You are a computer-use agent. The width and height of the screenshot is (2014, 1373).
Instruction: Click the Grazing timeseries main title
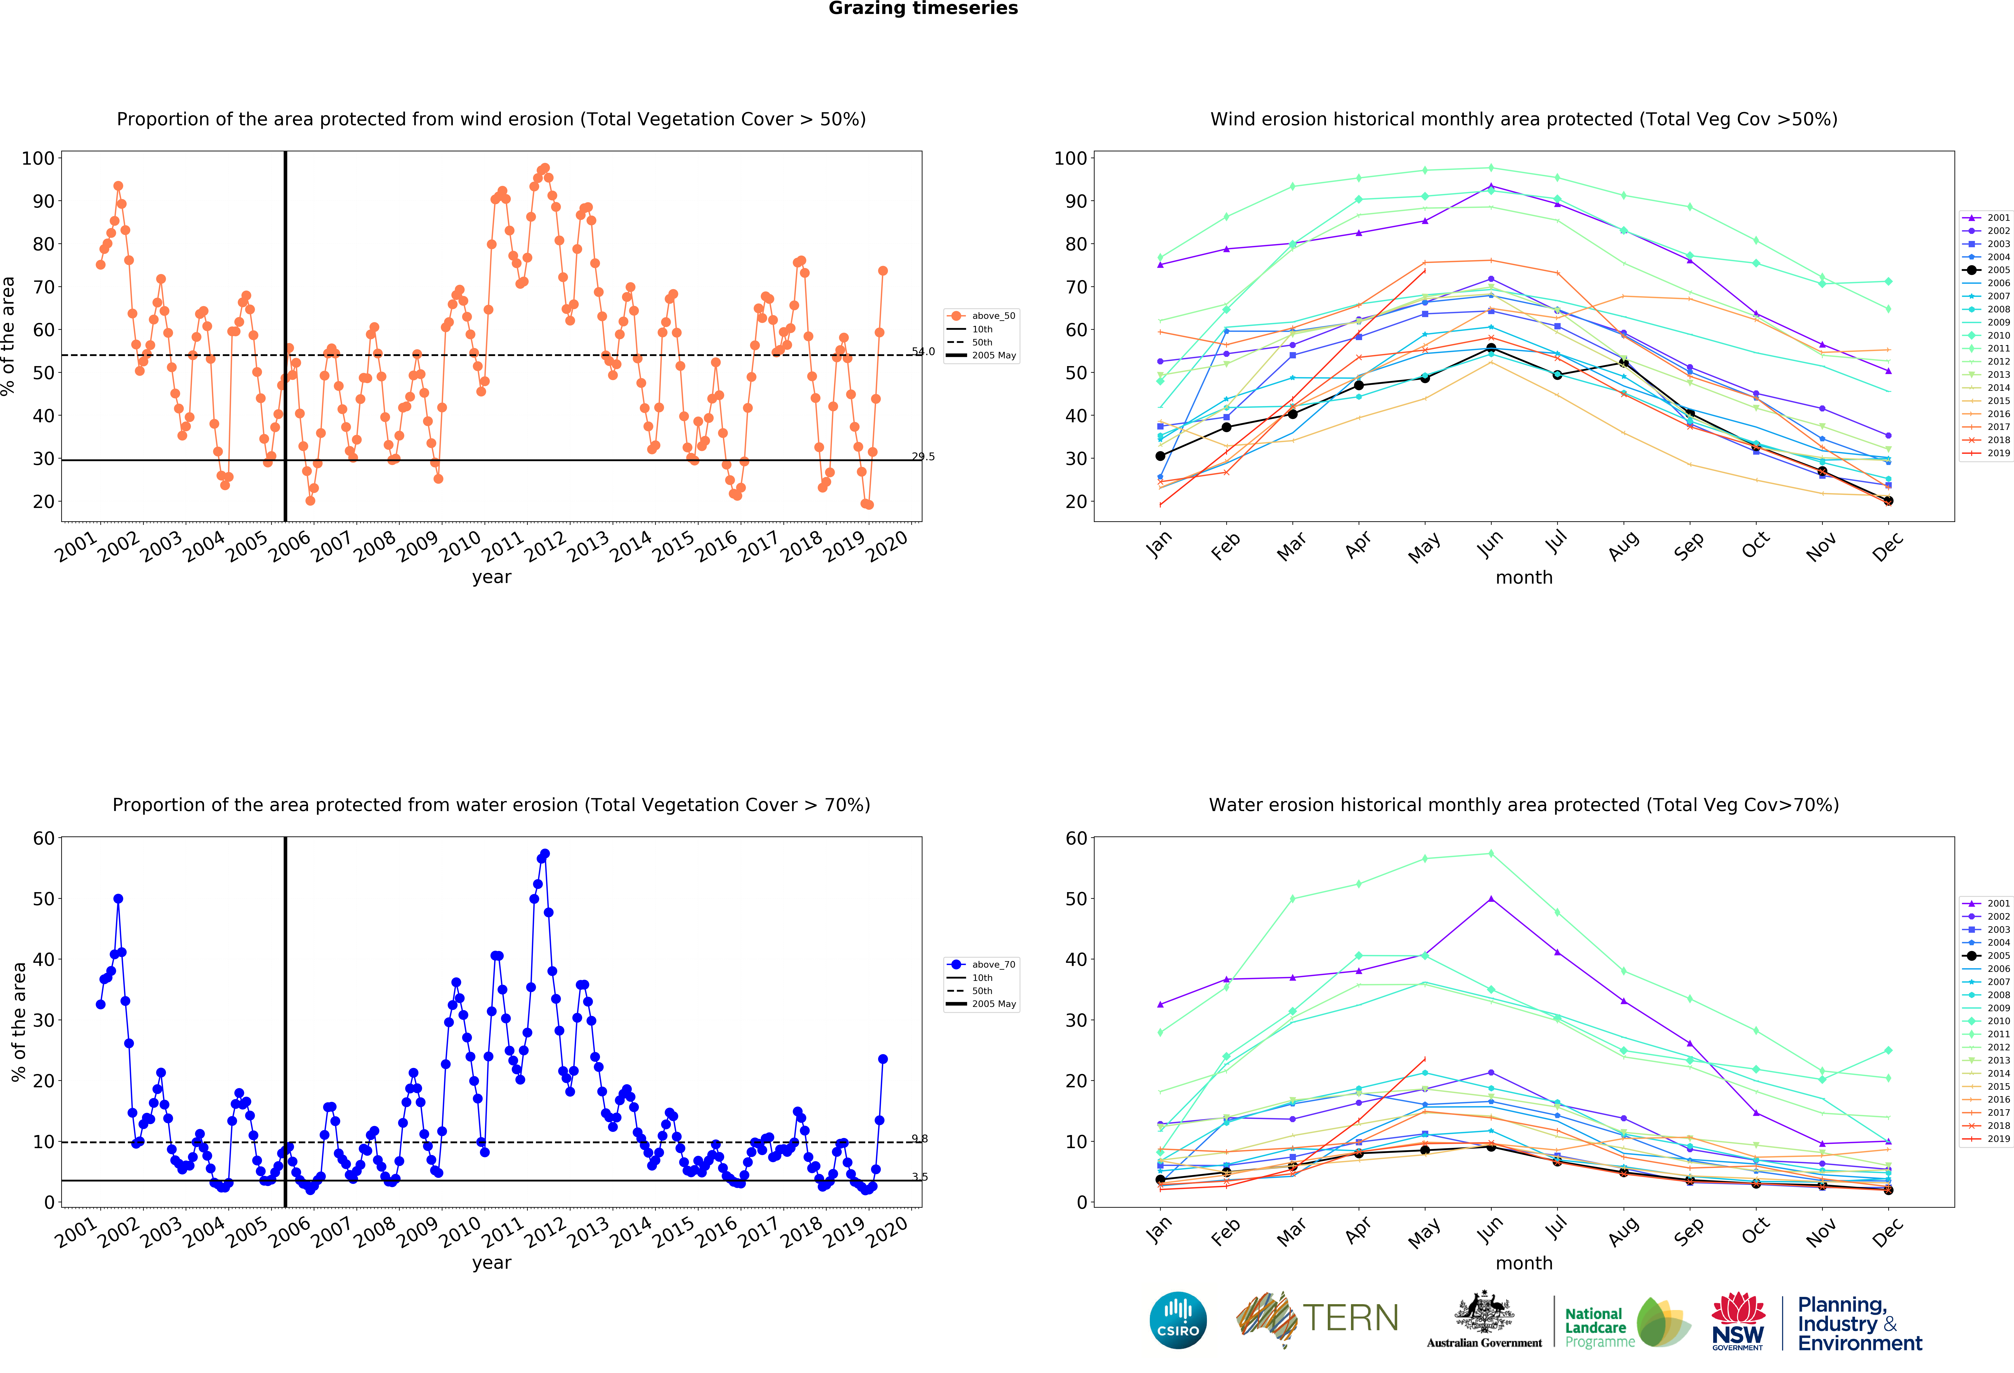923,9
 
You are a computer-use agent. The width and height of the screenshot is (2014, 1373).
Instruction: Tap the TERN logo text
1350,1318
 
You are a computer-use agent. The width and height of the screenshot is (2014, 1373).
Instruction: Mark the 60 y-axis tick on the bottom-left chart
43,838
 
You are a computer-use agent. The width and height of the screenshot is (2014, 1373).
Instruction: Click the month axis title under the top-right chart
1523,577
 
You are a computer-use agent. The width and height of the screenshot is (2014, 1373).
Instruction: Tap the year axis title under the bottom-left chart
491,1263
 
